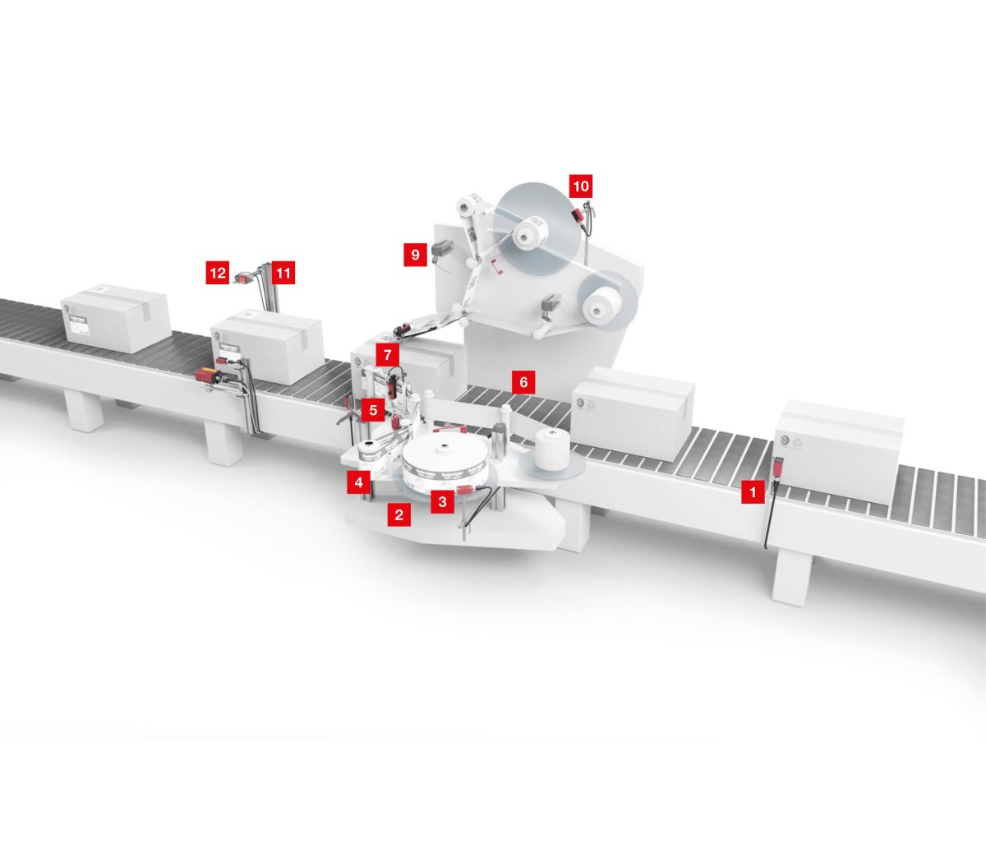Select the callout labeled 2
[x=399, y=514]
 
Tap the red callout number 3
[x=442, y=500]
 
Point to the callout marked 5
[x=373, y=408]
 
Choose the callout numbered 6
[x=523, y=382]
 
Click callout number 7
[x=388, y=355]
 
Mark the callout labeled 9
[x=415, y=254]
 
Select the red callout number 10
[x=581, y=186]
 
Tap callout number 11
[x=283, y=273]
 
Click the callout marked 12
[x=217, y=273]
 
